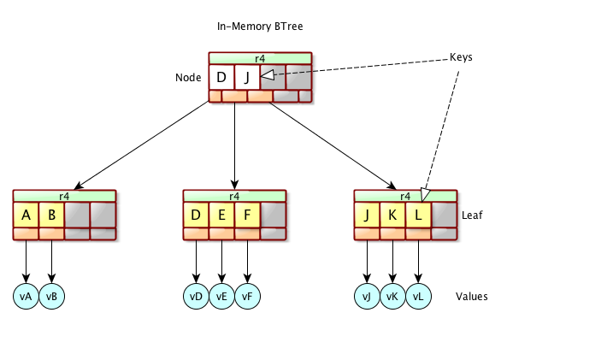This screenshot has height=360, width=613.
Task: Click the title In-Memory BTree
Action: [x=260, y=27]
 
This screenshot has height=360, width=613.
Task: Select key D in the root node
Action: [x=221, y=78]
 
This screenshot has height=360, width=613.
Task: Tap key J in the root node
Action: [x=247, y=78]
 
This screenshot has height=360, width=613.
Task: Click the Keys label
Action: [x=462, y=57]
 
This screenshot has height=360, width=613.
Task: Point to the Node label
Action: [x=188, y=78]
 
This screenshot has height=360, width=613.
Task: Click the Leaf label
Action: [x=473, y=215]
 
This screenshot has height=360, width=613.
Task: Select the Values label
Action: [x=472, y=297]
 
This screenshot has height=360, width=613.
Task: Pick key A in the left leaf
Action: [x=26, y=215]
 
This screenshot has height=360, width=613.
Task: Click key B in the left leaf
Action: [x=51, y=215]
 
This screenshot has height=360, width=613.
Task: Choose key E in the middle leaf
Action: [x=221, y=215]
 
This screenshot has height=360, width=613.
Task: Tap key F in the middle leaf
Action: [x=247, y=215]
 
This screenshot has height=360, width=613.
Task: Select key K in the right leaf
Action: [x=392, y=215]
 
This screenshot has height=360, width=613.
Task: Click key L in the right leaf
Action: [x=418, y=215]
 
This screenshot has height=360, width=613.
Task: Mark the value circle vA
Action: [x=26, y=296]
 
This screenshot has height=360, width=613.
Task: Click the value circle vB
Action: [x=51, y=296]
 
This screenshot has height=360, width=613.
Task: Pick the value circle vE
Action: [x=221, y=296]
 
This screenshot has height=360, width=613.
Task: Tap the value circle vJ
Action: [x=367, y=296]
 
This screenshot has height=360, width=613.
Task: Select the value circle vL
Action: [x=418, y=296]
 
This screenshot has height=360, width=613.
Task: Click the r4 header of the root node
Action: [x=260, y=58]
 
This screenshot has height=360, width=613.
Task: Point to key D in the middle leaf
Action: [x=196, y=215]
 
